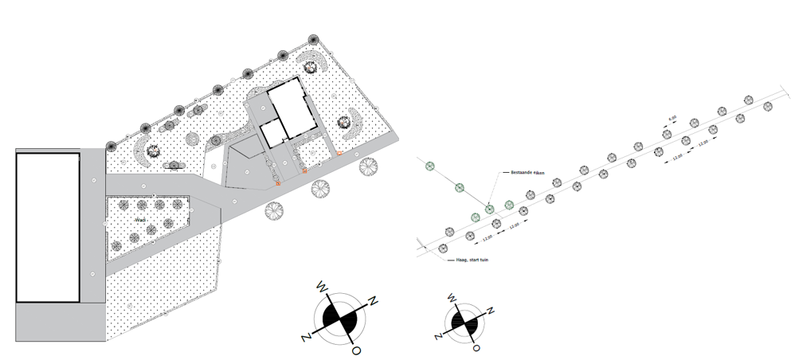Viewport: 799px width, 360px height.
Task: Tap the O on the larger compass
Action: coord(356,349)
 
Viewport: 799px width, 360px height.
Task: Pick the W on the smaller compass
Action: coord(452,299)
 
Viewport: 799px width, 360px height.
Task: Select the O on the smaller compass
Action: coord(476,348)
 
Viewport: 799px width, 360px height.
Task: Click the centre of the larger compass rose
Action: coord(341,317)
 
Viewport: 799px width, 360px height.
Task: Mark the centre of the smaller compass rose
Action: coord(464,321)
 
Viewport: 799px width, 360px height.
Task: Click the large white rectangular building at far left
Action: coord(48,227)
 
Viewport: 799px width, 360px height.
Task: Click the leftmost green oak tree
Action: coord(430,166)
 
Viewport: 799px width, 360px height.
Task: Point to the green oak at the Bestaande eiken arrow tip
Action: coord(489,208)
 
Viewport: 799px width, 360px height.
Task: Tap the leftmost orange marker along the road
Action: coord(278,184)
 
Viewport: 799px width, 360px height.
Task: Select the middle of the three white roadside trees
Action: coord(320,189)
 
